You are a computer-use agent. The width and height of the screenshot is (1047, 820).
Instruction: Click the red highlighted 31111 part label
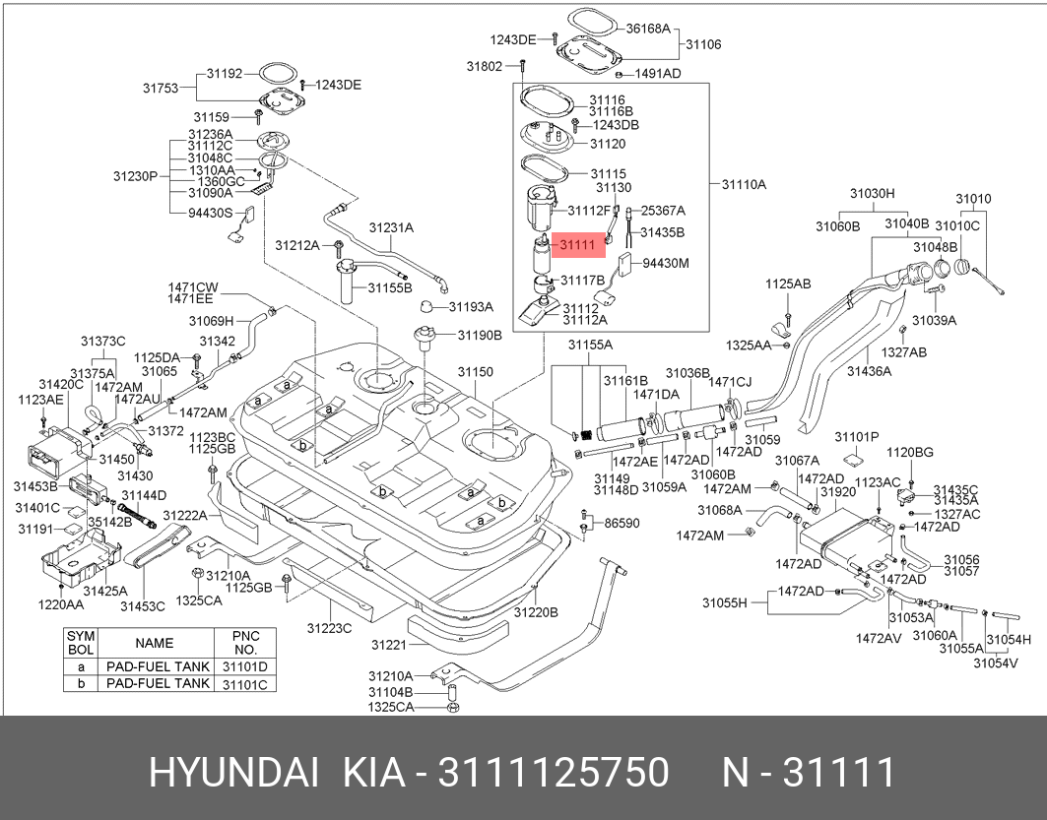pyautogui.click(x=576, y=245)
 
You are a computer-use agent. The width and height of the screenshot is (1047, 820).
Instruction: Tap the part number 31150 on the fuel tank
pyautogui.click(x=474, y=372)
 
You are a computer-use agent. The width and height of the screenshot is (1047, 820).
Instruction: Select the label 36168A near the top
pyautogui.click(x=648, y=30)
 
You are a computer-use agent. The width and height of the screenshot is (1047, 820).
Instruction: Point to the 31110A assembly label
pyautogui.click(x=744, y=184)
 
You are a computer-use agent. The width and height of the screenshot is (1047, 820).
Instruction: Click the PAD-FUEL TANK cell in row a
pyautogui.click(x=158, y=666)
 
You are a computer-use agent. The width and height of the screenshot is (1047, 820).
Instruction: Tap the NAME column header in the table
pyautogui.click(x=154, y=643)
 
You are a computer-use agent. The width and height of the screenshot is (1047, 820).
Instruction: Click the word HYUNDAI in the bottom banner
pyautogui.click(x=233, y=773)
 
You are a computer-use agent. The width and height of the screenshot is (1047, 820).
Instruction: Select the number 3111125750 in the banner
pyautogui.click(x=556, y=773)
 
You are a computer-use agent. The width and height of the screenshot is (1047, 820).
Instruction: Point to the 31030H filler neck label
pyautogui.click(x=873, y=194)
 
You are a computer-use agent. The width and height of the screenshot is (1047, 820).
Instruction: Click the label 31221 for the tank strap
pyautogui.click(x=389, y=645)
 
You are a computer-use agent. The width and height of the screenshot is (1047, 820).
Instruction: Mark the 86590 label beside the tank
pyautogui.click(x=622, y=523)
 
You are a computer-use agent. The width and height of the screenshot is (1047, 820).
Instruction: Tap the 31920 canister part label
pyautogui.click(x=837, y=491)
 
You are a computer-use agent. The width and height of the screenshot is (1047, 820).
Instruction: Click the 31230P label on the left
pyautogui.click(x=134, y=177)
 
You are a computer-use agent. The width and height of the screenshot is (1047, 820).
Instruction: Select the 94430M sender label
pyautogui.click(x=666, y=263)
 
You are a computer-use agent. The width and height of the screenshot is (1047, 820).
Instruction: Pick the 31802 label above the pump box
pyautogui.click(x=485, y=66)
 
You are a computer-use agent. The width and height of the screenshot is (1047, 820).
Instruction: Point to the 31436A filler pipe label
pyautogui.click(x=869, y=371)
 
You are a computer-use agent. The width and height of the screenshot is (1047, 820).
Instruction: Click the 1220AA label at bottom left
pyautogui.click(x=60, y=604)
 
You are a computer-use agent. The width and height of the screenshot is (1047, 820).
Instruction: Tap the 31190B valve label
pyautogui.click(x=480, y=335)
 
